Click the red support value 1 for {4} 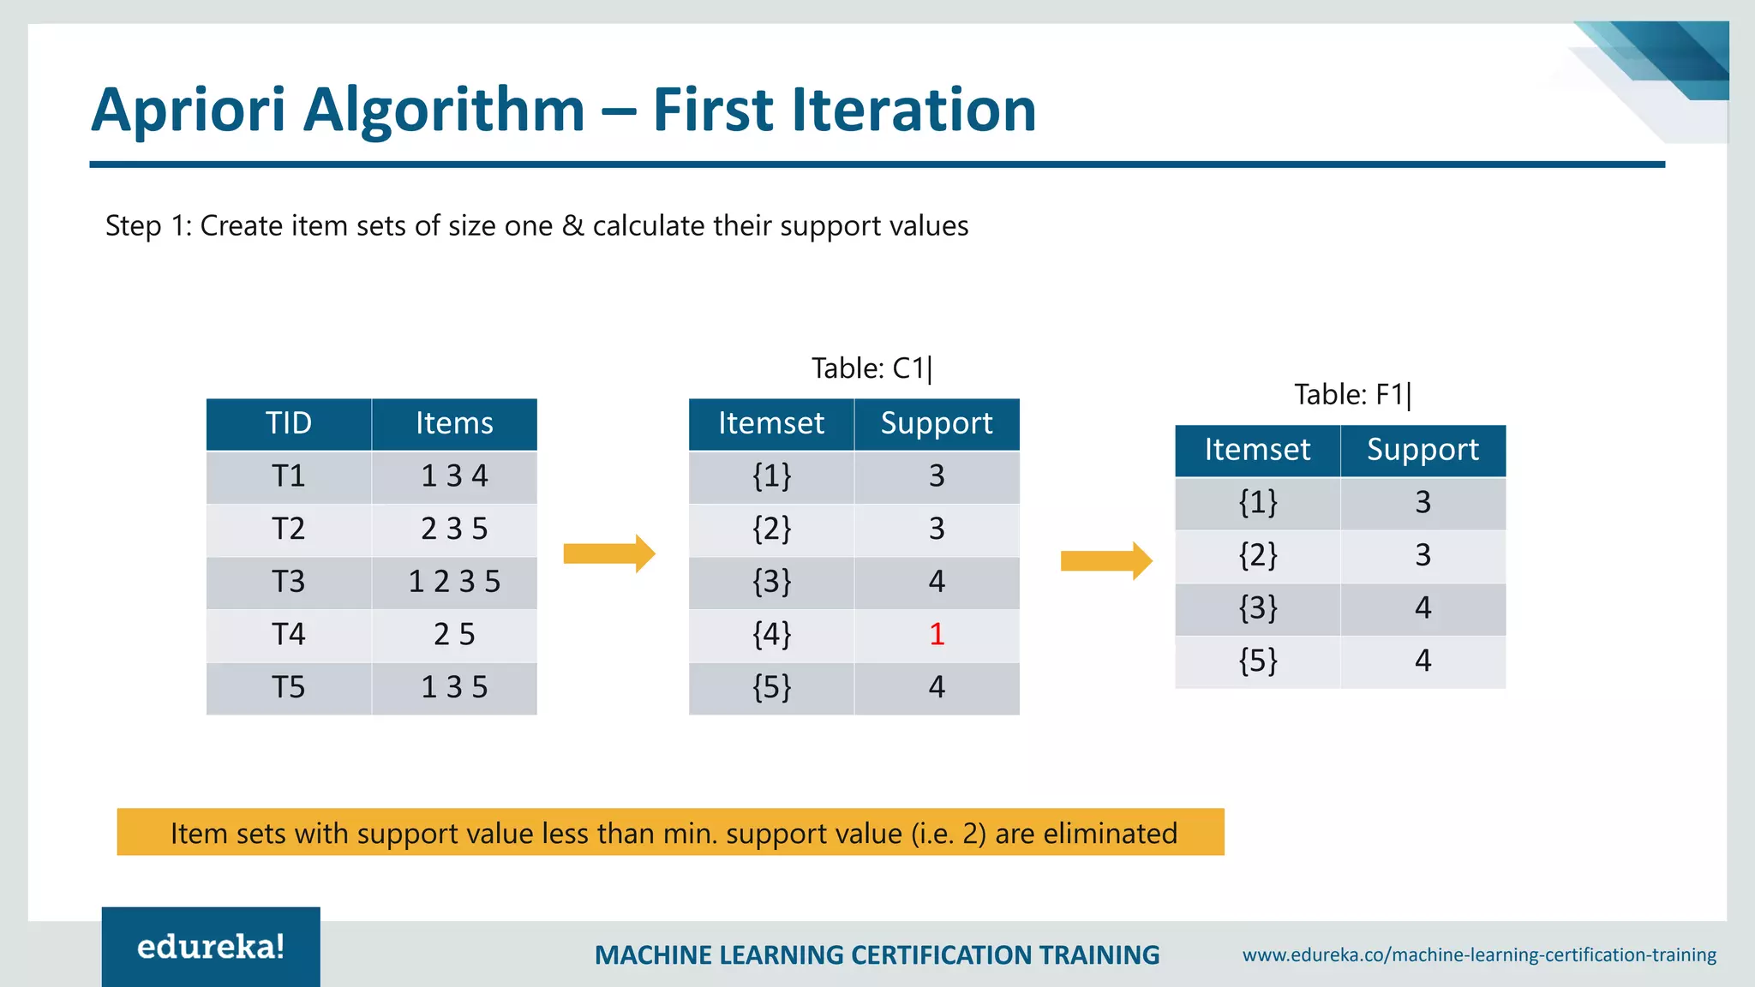coord(937,635)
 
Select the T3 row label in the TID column coord(288,582)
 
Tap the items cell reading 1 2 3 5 coord(454,582)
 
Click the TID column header coord(288,423)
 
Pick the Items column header coord(454,423)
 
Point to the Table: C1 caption coord(871,368)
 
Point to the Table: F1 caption coord(1351,395)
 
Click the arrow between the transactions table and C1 coord(608,553)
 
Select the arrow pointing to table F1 coord(1105,561)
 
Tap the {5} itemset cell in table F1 coord(1257,661)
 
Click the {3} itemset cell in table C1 coord(771,582)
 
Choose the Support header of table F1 coord(1423,450)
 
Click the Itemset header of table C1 coord(771,423)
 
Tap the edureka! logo coord(211,947)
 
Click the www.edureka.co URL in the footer coord(1479,954)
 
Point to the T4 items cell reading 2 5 coord(454,635)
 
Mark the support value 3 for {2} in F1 coord(1423,555)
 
